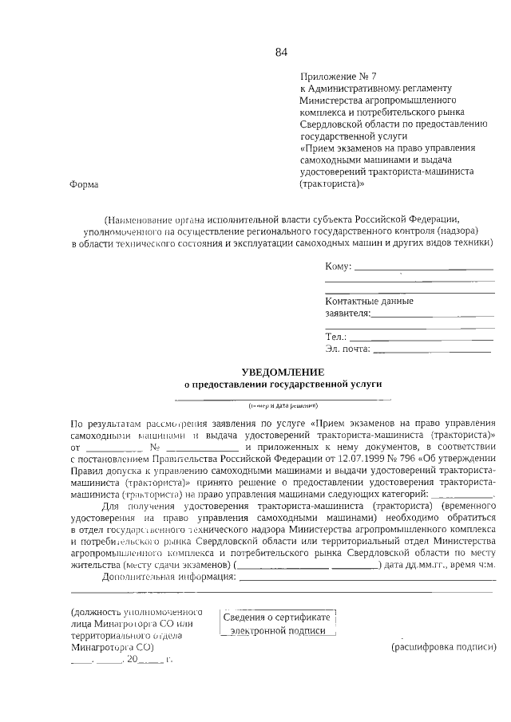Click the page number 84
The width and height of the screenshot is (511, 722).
pyautogui.click(x=281, y=53)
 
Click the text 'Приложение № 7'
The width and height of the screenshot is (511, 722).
pyautogui.click(x=335, y=76)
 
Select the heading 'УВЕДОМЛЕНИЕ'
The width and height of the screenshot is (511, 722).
pyautogui.click(x=283, y=372)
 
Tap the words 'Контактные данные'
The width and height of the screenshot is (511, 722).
pyautogui.click(x=369, y=302)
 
